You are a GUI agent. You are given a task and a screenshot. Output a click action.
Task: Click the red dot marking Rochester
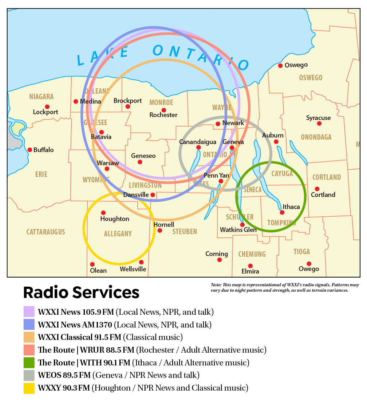pyautogui.click(x=164, y=110)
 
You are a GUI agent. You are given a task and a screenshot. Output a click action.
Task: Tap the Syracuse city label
pyautogui.click(x=318, y=118)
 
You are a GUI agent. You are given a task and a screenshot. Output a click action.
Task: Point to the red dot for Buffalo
pyautogui.click(x=30, y=150)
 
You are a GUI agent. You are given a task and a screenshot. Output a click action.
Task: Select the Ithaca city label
pyautogui.click(x=291, y=207)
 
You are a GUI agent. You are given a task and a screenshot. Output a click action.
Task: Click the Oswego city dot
pyautogui.click(x=280, y=66)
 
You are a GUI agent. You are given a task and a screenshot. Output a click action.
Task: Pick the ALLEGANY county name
pyautogui.click(x=118, y=234)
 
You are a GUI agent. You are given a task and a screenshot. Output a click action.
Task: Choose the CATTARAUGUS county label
pyautogui.click(x=46, y=232)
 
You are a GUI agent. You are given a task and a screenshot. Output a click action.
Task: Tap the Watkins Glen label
pyautogui.click(x=238, y=230)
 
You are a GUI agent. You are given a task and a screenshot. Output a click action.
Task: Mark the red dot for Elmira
pyautogui.click(x=250, y=266)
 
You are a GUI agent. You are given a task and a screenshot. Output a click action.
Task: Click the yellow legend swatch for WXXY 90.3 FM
pyautogui.click(x=29, y=388)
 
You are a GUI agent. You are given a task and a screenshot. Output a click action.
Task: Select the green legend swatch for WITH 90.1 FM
pyautogui.click(x=29, y=363)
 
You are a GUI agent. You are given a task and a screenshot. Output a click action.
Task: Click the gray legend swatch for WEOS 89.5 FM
pyautogui.click(x=29, y=375)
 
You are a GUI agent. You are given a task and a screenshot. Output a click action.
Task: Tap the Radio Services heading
pyautogui.click(x=81, y=292)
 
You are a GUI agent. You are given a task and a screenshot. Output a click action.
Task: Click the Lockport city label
pyautogui.click(x=46, y=112)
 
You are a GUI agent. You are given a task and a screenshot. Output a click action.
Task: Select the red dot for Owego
pyautogui.click(x=309, y=264)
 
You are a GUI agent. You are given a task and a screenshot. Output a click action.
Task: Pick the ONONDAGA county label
pyautogui.click(x=316, y=137)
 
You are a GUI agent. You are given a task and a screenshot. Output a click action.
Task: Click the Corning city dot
pyautogui.click(x=220, y=260)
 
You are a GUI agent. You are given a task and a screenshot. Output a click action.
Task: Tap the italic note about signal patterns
pyautogui.click(x=285, y=287)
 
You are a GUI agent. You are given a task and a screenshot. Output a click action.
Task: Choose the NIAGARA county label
pyautogui.click(x=42, y=97)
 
